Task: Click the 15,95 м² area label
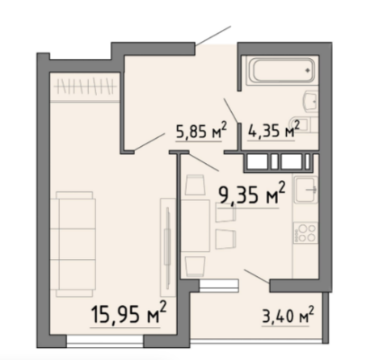click(x=129, y=312)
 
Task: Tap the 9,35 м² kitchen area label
click(x=251, y=193)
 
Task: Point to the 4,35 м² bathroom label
click(x=273, y=130)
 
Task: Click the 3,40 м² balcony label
click(x=288, y=314)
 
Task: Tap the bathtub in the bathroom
click(x=281, y=70)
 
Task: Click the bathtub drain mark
click(x=307, y=70)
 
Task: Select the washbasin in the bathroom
click(x=311, y=102)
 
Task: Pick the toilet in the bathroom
click(x=304, y=124)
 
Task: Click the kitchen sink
click(x=305, y=190)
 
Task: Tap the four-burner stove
click(x=305, y=233)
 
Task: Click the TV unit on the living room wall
click(x=168, y=248)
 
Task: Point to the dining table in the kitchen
click(x=196, y=226)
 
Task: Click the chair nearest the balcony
click(x=195, y=266)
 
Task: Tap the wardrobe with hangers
click(x=85, y=86)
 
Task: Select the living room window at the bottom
click(x=105, y=341)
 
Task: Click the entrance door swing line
click(x=213, y=36)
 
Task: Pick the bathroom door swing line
click(x=231, y=111)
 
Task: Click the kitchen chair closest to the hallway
click(x=195, y=185)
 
